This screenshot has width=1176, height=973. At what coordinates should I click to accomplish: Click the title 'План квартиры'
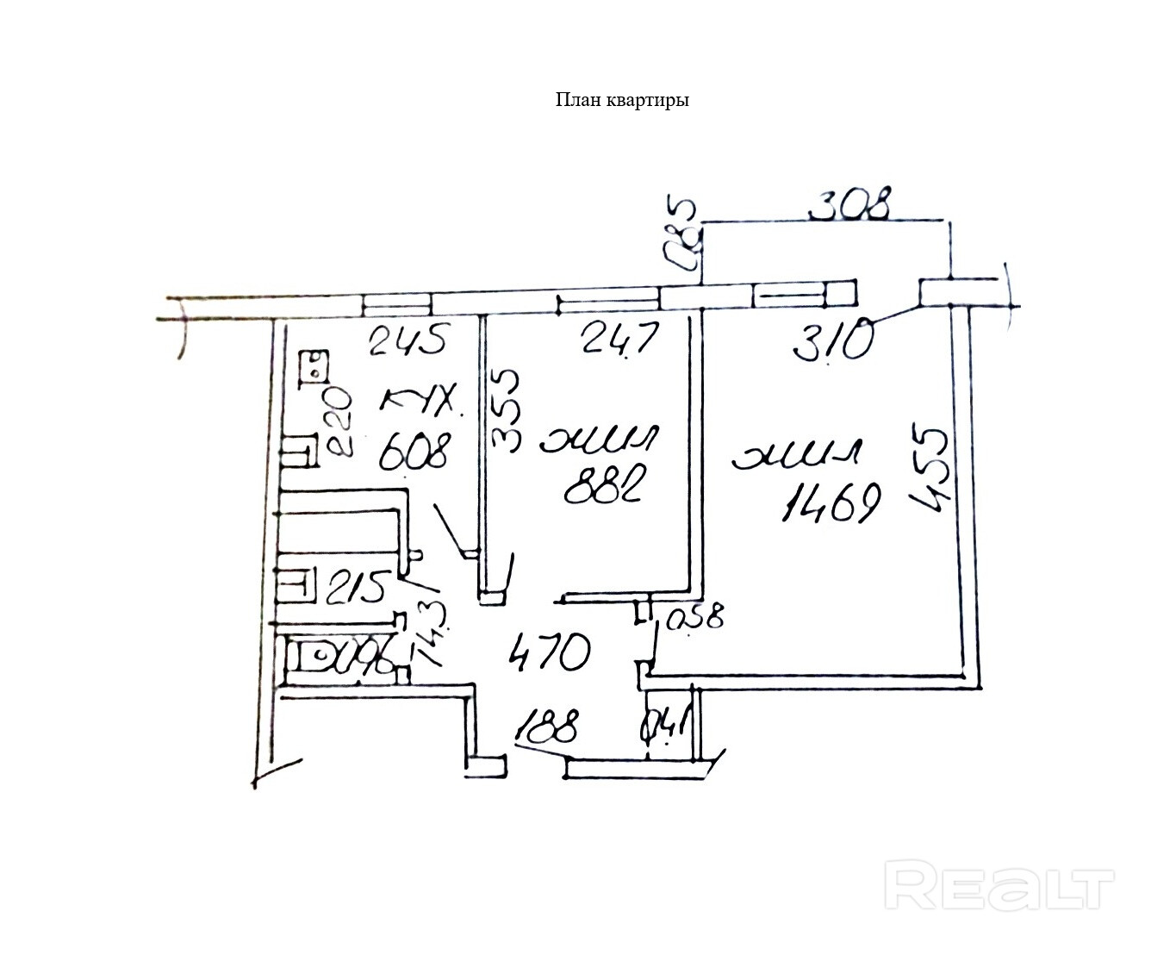622,100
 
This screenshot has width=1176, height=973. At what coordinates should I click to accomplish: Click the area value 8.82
607,487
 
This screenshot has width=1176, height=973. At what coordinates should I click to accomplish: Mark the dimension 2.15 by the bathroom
356,589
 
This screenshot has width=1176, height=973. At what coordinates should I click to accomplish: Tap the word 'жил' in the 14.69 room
796,455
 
